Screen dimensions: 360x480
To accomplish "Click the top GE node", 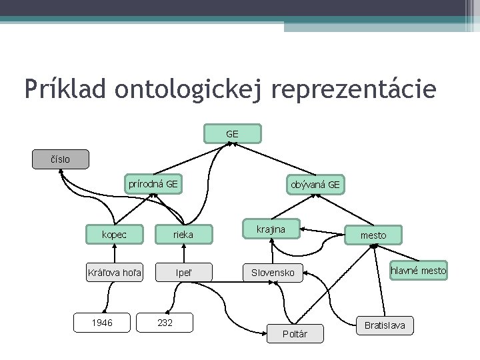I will (232, 134).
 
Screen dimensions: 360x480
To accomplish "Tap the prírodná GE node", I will (153, 184).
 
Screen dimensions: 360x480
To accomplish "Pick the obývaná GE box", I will (315, 185).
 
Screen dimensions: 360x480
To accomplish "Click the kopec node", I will (114, 234).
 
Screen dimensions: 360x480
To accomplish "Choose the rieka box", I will (183, 234).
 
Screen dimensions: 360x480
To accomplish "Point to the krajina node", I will (271, 229).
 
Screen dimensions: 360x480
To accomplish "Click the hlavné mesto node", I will (418, 271).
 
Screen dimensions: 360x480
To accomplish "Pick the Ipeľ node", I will (183, 272).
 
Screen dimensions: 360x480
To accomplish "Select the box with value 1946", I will (102, 323).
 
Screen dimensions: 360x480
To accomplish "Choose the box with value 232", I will (165, 323).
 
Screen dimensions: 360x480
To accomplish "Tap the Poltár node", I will (295, 334).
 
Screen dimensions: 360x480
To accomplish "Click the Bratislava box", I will (384, 326).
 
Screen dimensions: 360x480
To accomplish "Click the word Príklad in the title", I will (64, 89).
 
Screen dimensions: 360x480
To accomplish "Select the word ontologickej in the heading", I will (192, 89).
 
